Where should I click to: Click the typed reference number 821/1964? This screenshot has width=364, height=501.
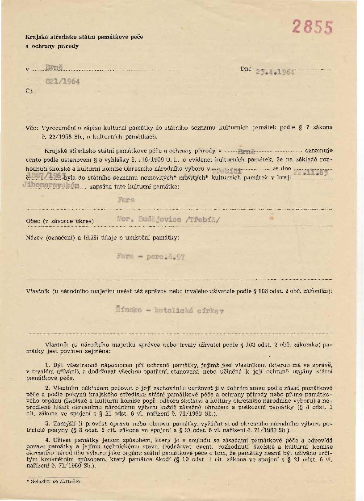click(62, 82)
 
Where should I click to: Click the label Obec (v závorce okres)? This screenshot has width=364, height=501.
click(60, 221)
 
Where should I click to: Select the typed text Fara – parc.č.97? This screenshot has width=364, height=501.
click(150, 257)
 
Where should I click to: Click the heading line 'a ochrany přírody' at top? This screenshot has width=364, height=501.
click(52, 46)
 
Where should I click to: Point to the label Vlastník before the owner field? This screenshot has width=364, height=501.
click(38, 291)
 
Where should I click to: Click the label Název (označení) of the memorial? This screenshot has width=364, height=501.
click(51, 237)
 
